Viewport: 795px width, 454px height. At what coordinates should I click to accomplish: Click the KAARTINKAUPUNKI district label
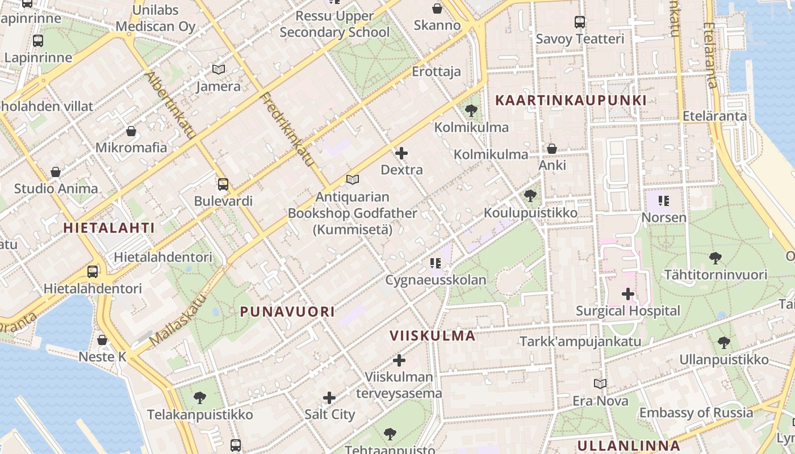(x=571, y=100)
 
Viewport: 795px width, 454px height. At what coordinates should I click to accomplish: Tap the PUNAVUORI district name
(x=287, y=312)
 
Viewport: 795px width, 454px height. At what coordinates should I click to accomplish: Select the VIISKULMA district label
(x=433, y=335)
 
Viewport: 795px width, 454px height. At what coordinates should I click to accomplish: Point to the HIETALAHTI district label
(x=109, y=228)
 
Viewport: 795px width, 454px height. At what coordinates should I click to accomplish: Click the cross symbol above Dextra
(x=401, y=153)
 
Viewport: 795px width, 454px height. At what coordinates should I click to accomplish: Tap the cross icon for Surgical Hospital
(x=627, y=294)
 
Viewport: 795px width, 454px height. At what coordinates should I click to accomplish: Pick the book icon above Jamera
(x=219, y=69)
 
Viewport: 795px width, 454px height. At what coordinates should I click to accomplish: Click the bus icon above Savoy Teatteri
(x=580, y=22)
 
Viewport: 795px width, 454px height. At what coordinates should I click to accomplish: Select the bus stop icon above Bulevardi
(x=223, y=184)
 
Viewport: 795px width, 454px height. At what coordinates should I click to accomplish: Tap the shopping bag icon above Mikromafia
(x=131, y=131)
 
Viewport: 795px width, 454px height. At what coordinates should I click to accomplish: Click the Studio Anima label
(x=56, y=188)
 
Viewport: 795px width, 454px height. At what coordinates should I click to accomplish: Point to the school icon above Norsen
(x=664, y=200)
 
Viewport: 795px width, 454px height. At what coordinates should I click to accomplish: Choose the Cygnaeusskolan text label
(x=436, y=280)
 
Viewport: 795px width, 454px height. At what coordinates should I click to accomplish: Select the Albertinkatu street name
(x=171, y=106)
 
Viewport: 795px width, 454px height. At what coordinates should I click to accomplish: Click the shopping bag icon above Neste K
(x=102, y=340)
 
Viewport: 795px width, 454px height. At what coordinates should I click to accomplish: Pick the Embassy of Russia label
(x=696, y=413)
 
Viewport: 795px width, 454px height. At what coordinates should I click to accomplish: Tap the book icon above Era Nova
(x=600, y=384)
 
